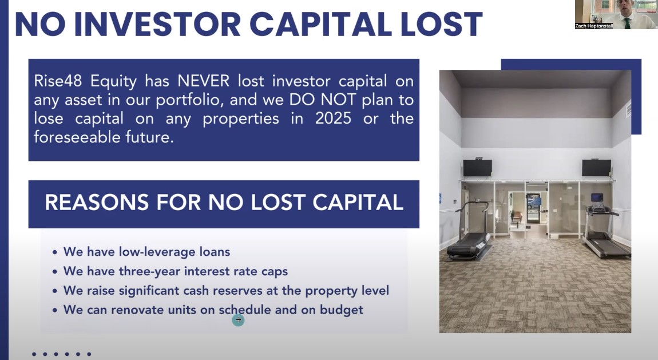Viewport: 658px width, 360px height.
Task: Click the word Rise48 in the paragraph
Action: pos(57,81)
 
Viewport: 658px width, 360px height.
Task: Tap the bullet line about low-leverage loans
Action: pos(146,252)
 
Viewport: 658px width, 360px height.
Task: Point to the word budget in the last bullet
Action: pos(344,310)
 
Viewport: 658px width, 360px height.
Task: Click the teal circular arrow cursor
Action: pos(238,320)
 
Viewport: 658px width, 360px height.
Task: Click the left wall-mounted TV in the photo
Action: pos(477,168)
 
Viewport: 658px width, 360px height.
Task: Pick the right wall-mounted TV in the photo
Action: pos(596,168)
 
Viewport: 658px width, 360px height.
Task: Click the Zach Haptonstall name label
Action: pos(594,26)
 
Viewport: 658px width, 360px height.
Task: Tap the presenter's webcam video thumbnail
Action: pos(616,13)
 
